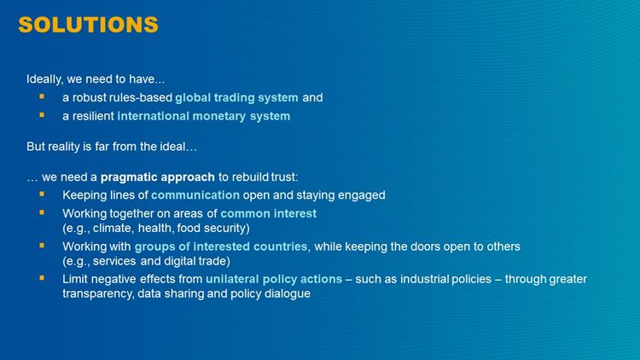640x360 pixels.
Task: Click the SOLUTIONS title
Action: (x=88, y=25)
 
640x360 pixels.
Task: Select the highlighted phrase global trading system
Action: (x=236, y=98)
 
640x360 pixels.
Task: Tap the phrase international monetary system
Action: (x=204, y=116)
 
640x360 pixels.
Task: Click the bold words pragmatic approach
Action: (x=158, y=177)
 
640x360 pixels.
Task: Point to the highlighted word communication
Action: (x=195, y=195)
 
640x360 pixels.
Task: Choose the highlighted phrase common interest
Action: (x=269, y=213)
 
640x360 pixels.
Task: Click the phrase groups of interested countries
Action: (x=221, y=247)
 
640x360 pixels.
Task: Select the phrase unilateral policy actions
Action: (x=274, y=279)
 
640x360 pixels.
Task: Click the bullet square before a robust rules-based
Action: (x=42, y=96)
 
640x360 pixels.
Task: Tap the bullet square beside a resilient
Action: (x=42, y=115)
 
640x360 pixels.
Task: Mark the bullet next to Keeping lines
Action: (x=42, y=195)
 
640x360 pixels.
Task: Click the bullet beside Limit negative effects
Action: (x=42, y=278)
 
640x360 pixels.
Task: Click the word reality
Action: (x=64, y=147)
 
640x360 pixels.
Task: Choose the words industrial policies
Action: (x=445, y=279)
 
